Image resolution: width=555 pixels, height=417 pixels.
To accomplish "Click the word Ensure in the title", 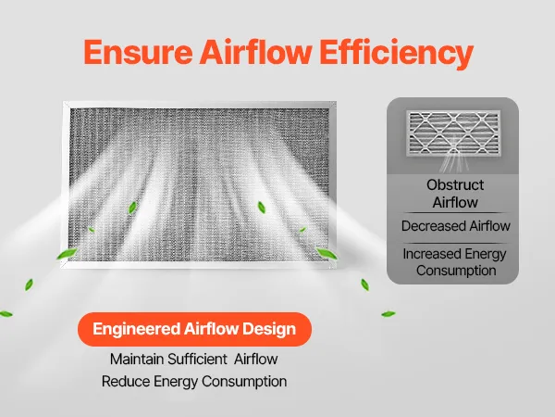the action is (139, 52).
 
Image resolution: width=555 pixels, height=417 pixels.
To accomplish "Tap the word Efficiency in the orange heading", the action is (397, 54).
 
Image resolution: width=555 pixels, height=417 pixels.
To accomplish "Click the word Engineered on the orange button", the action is (136, 329).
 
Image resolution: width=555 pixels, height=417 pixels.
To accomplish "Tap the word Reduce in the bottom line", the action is (126, 382).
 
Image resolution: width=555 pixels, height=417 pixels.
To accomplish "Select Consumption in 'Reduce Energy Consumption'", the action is (244, 382).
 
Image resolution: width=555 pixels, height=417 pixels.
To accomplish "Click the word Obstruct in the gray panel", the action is (455, 184).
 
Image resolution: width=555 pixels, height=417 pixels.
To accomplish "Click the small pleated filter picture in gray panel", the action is (453, 133).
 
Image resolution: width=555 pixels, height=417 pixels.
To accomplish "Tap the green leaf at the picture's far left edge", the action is (6, 314).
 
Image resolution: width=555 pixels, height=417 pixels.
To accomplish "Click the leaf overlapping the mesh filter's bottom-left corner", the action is (67, 254).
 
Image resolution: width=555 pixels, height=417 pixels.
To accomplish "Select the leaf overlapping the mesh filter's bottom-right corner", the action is (326, 253).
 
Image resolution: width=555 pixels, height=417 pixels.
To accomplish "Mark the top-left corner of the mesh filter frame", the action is (63, 102).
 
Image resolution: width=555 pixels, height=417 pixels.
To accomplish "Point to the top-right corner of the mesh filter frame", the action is (336, 102).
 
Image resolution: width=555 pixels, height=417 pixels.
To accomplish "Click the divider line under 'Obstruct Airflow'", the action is (455, 213).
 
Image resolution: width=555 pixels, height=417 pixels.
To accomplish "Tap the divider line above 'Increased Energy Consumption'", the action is (455, 243).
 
